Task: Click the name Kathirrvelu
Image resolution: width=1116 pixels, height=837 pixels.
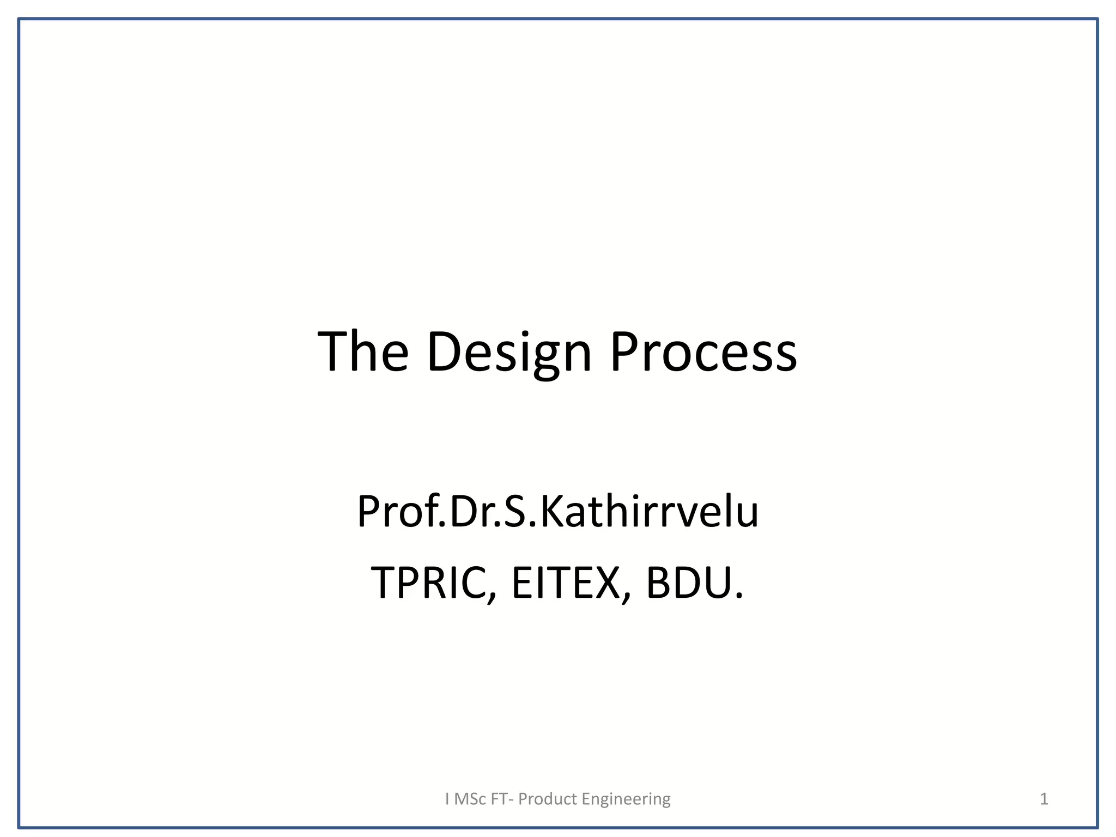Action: [x=649, y=512]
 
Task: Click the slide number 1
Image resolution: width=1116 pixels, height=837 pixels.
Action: [x=1044, y=799]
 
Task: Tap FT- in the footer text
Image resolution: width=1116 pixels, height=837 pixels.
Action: [x=502, y=799]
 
